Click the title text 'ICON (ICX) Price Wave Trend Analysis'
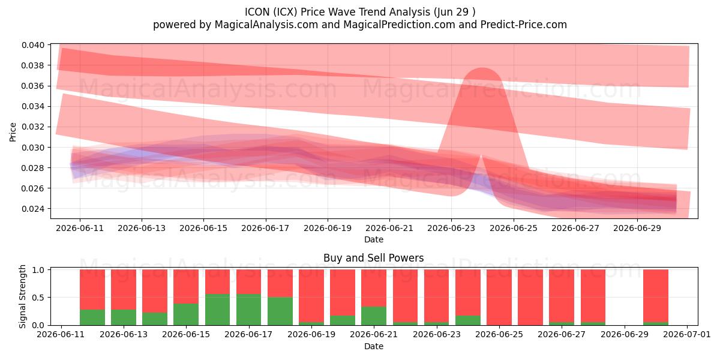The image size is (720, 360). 337,12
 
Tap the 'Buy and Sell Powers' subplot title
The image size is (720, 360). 373,258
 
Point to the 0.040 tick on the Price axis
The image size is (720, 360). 33,45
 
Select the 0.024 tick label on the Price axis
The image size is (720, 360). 33,209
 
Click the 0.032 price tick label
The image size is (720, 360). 33,127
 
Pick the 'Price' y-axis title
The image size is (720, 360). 13,132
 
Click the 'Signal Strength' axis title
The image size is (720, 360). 22,296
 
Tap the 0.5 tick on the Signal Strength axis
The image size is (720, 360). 38,298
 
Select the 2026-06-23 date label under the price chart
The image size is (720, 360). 451,228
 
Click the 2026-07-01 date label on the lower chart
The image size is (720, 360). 687,334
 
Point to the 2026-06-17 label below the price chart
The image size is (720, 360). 265,228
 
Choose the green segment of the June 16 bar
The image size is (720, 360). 218,310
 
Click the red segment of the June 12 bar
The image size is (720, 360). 92,290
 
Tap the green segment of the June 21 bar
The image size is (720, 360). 373,316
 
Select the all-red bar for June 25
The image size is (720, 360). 499,298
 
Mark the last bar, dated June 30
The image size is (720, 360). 656,298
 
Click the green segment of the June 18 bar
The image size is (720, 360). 280,311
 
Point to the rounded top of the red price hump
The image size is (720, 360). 482,68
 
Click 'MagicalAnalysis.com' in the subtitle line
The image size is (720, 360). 266,25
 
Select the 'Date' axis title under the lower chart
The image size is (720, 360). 373,346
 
